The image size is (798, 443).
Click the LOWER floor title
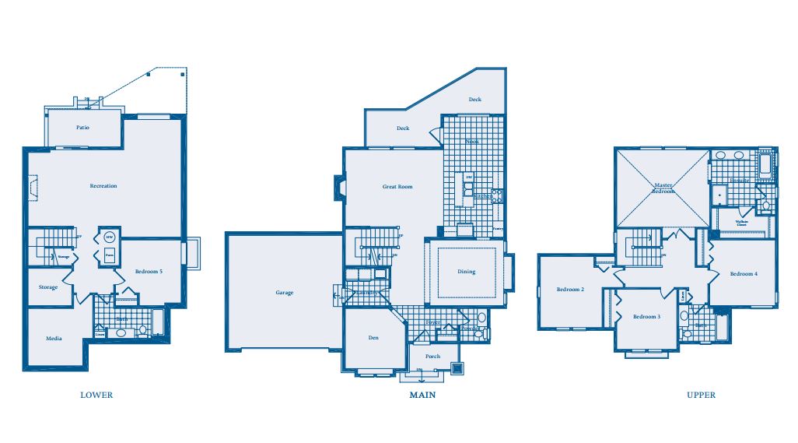96,395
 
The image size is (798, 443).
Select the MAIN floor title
422,395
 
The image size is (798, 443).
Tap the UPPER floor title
701,395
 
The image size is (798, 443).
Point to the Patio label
82,127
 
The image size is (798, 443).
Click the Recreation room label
103,186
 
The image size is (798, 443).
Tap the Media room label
54,338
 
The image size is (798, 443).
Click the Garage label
285,293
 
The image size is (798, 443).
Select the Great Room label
397,187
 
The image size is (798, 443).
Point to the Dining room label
466,272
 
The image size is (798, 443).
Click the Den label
373,338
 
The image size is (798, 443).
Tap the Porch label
433,357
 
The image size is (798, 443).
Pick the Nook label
472,142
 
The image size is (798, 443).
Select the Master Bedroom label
663,188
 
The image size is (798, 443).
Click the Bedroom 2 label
570,290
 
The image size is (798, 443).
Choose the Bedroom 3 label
646,317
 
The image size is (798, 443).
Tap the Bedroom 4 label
743,274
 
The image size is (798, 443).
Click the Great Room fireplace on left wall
340,187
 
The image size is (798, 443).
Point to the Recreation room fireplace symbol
33,187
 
